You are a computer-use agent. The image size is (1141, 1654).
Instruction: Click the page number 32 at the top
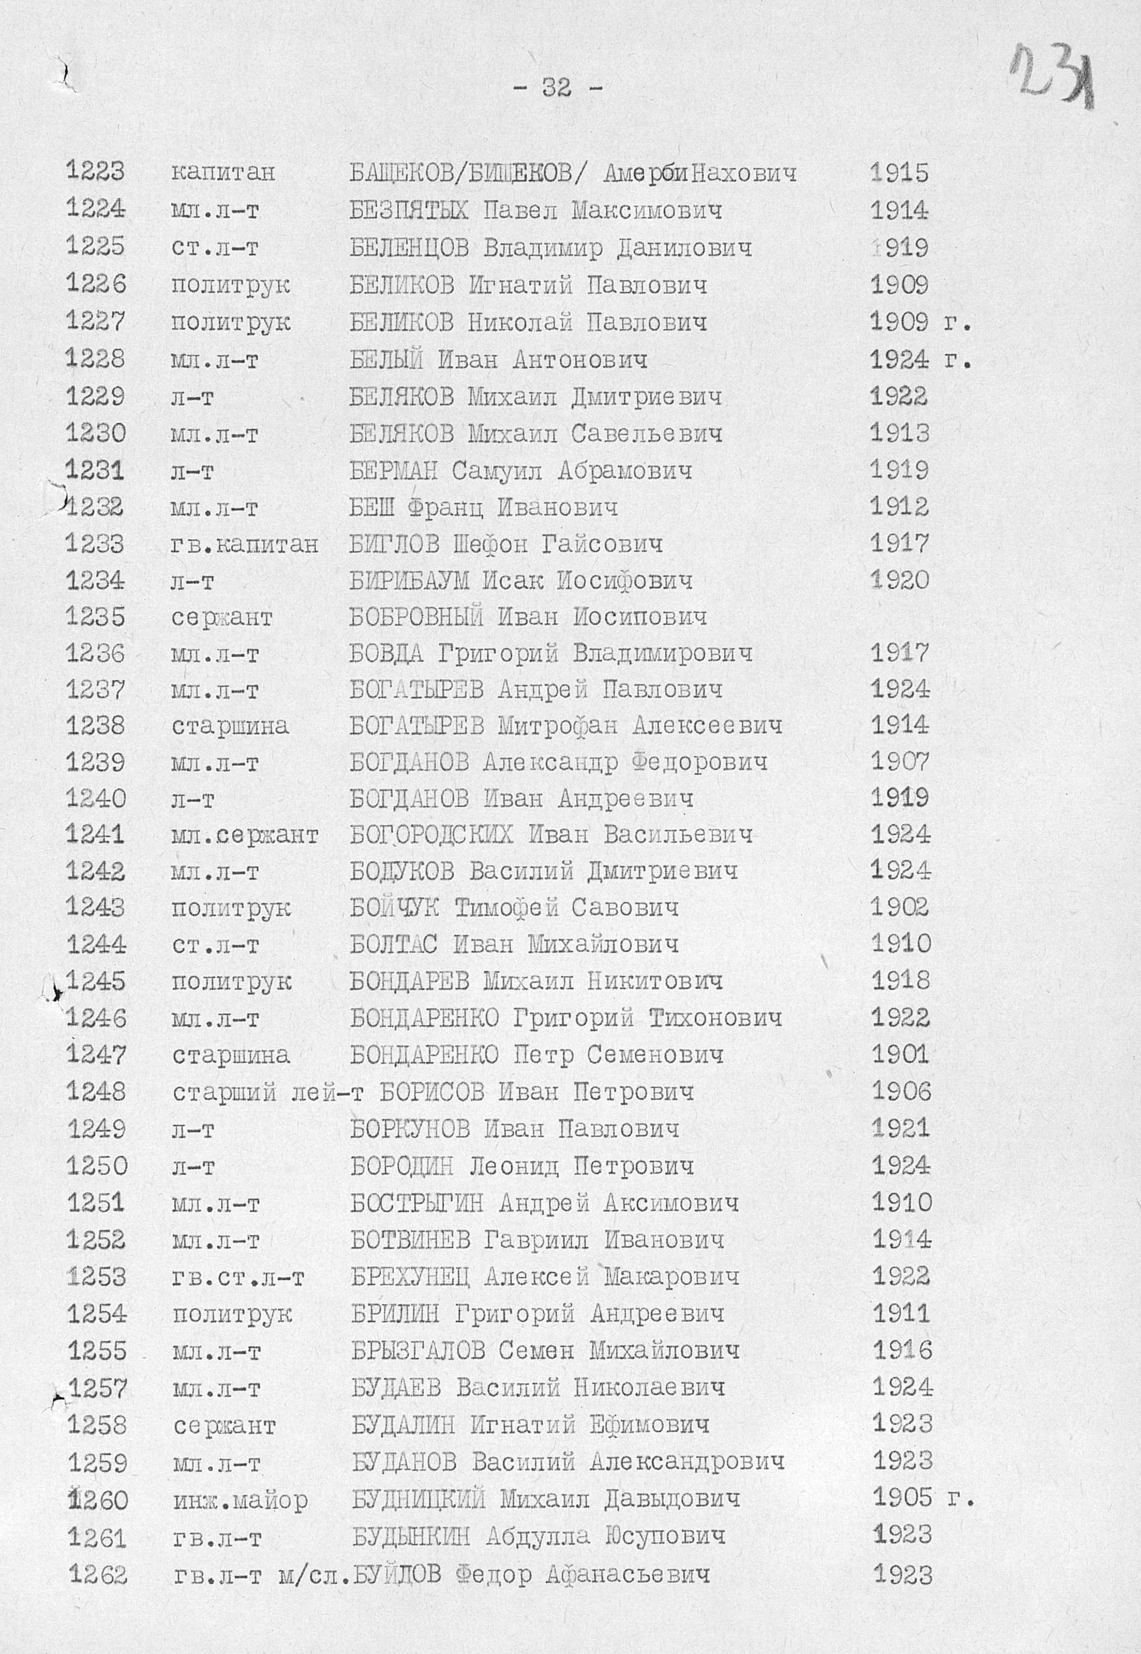557,88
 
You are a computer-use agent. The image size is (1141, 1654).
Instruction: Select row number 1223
95,172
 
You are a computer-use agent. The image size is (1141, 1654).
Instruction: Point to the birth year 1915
899,172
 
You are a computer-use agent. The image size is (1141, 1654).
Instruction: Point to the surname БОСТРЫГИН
417,1203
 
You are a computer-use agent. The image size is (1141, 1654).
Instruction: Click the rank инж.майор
240,1499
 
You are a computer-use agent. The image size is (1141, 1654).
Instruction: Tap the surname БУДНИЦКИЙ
418,1498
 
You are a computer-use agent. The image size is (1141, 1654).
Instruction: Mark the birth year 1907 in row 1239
899,761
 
